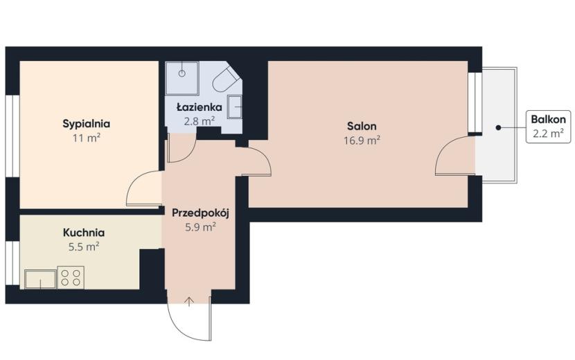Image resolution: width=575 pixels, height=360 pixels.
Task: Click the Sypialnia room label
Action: [86, 124]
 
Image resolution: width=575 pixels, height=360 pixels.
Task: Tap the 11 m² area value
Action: [87, 138]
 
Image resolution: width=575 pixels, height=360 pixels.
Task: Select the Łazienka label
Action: [199, 107]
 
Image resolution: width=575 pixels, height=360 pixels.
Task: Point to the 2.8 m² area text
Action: [199, 121]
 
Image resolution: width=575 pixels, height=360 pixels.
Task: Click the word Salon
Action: [362, 126]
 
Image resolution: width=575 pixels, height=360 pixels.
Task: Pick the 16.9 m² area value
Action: [362, 141]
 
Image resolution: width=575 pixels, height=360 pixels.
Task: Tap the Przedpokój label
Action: [200, 213]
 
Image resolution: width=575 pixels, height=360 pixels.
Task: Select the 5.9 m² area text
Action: [200, 227]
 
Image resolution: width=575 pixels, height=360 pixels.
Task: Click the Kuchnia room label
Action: [84, 233]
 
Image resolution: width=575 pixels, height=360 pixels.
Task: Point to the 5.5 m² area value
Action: [84, 246]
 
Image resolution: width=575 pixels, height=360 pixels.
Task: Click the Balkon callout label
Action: [548, 119]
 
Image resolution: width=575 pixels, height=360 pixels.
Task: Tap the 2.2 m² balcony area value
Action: [548, 133]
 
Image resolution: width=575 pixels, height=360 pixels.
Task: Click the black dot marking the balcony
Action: [498, 127]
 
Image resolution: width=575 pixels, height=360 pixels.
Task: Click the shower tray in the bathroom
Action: [182, 78]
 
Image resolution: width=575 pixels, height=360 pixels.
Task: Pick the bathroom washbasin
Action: [235, 107]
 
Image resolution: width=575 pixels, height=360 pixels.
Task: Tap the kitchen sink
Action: [40, 279]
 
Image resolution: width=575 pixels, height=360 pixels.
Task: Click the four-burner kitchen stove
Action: [71, 277]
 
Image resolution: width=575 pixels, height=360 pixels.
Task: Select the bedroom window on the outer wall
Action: [12, 136]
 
